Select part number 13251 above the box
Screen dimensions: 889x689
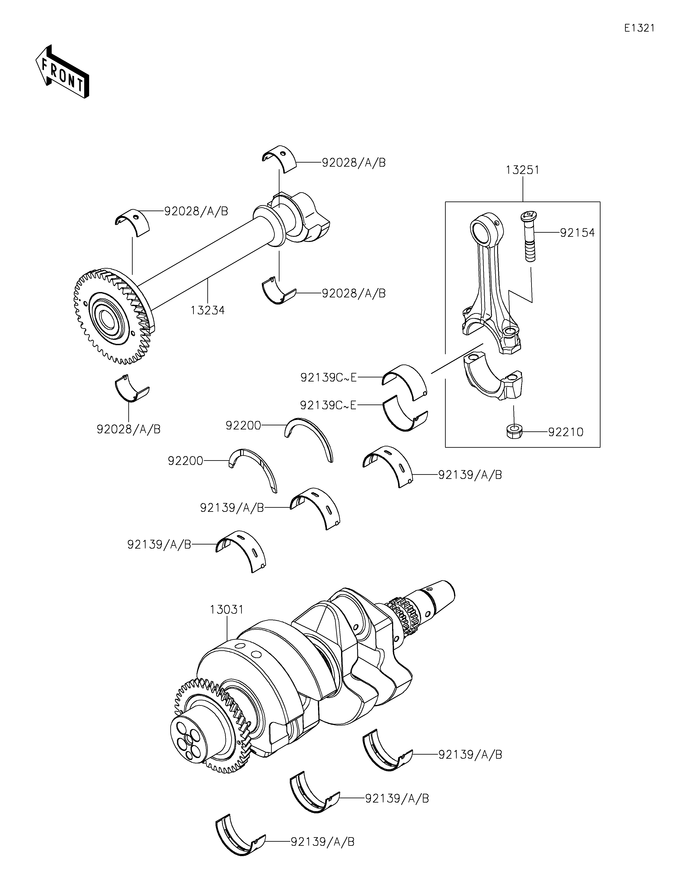point(522,170)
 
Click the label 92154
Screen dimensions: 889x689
point(577,233)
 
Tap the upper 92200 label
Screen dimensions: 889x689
point(243,425)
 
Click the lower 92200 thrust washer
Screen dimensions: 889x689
point(255,468)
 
